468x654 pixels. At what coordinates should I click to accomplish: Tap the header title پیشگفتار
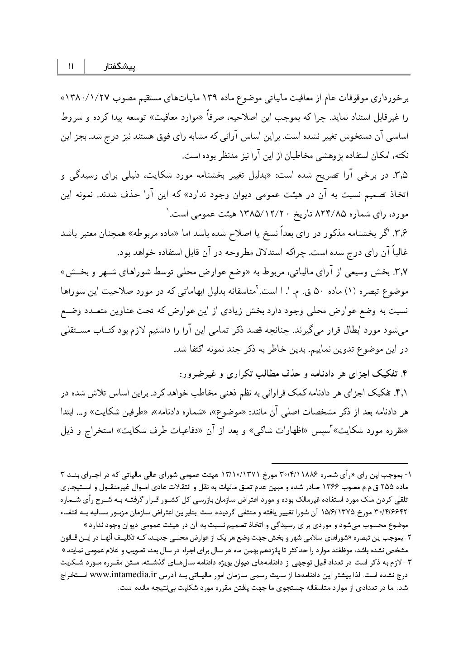[x=120, y=67]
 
